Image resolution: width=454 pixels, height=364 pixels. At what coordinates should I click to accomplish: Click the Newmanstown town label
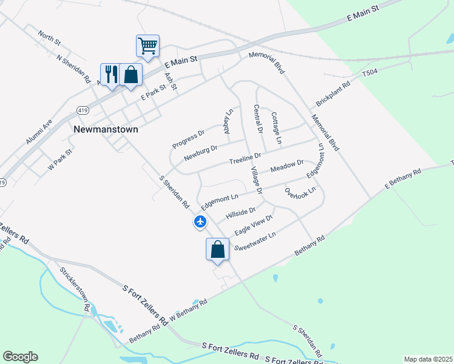(106, 129)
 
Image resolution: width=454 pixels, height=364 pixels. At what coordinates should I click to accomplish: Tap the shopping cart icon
(147, 45)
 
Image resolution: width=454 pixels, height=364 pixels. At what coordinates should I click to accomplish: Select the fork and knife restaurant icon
(110, 75)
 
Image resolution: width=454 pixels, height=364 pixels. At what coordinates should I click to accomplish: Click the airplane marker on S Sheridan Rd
(200, 222)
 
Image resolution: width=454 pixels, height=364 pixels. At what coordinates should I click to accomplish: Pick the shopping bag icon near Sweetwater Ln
(218, 249)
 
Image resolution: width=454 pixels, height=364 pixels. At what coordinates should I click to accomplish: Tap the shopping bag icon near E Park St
(130, 75)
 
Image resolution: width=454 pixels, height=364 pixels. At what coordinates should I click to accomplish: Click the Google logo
(20, 357)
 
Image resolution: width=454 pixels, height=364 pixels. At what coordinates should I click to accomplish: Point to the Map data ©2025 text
(427, 359)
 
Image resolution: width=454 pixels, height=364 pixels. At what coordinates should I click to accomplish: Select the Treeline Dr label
(245, 159)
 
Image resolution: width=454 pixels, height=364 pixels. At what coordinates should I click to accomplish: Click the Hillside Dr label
(240, 214)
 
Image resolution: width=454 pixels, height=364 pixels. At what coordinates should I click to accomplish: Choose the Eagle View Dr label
(254, 225)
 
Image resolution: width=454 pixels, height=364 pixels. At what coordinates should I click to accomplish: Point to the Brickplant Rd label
(333, 95)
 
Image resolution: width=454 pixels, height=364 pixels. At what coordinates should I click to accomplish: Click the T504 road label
(370, 72)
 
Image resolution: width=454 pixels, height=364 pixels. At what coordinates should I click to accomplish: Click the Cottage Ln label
(277, 128)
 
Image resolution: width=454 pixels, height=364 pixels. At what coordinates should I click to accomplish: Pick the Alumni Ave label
(39, 131)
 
